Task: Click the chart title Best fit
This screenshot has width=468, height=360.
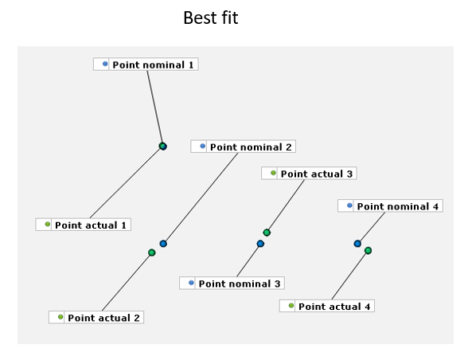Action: pyautogui.click(x=211, y=18)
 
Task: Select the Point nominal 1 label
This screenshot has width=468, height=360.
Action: pyautogui.click(x=146, y=65)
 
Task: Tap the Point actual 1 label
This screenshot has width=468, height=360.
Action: pyautogui.click(x=84, y=225)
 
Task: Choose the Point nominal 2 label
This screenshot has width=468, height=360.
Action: pyautogui.click(x=244, y=147)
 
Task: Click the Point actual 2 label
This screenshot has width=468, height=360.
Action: pyautogui.click(x=96, y=317)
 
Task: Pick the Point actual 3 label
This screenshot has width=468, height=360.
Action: pyautogui.click(x=309, y=174)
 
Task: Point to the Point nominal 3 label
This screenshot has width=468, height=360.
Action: pyautogui.click(x=232, y=283)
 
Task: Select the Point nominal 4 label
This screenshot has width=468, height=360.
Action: pyautogui.click(x=390, y=205)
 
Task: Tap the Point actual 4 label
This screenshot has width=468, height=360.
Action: pyautogui.click(x=327, y=306)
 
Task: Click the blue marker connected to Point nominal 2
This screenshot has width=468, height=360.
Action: pyautogui.click(x=163, y=244)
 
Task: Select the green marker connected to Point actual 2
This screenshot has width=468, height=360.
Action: pyautogui.click(x=151, y=252)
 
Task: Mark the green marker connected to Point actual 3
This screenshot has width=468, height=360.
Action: pyautogui.click(x=267, y=233)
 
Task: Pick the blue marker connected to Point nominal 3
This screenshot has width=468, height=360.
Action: pyautogui.click(x=260, y=244)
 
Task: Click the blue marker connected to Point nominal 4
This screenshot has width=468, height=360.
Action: pyautogui.click(x=357, y=244)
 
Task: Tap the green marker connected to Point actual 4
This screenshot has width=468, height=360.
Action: pyautogui.click(x=368, y=251)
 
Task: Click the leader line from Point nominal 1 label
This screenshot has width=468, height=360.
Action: pyautogui.click(x=154, y=107)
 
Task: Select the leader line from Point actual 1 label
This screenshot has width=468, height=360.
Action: pyautogui.click(x=126, y=182)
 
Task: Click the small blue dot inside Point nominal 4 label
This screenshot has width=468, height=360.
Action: pyautogui.click(x=349, y=205)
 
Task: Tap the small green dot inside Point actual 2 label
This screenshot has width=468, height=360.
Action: pyautogui.click(x=60, y=317)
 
